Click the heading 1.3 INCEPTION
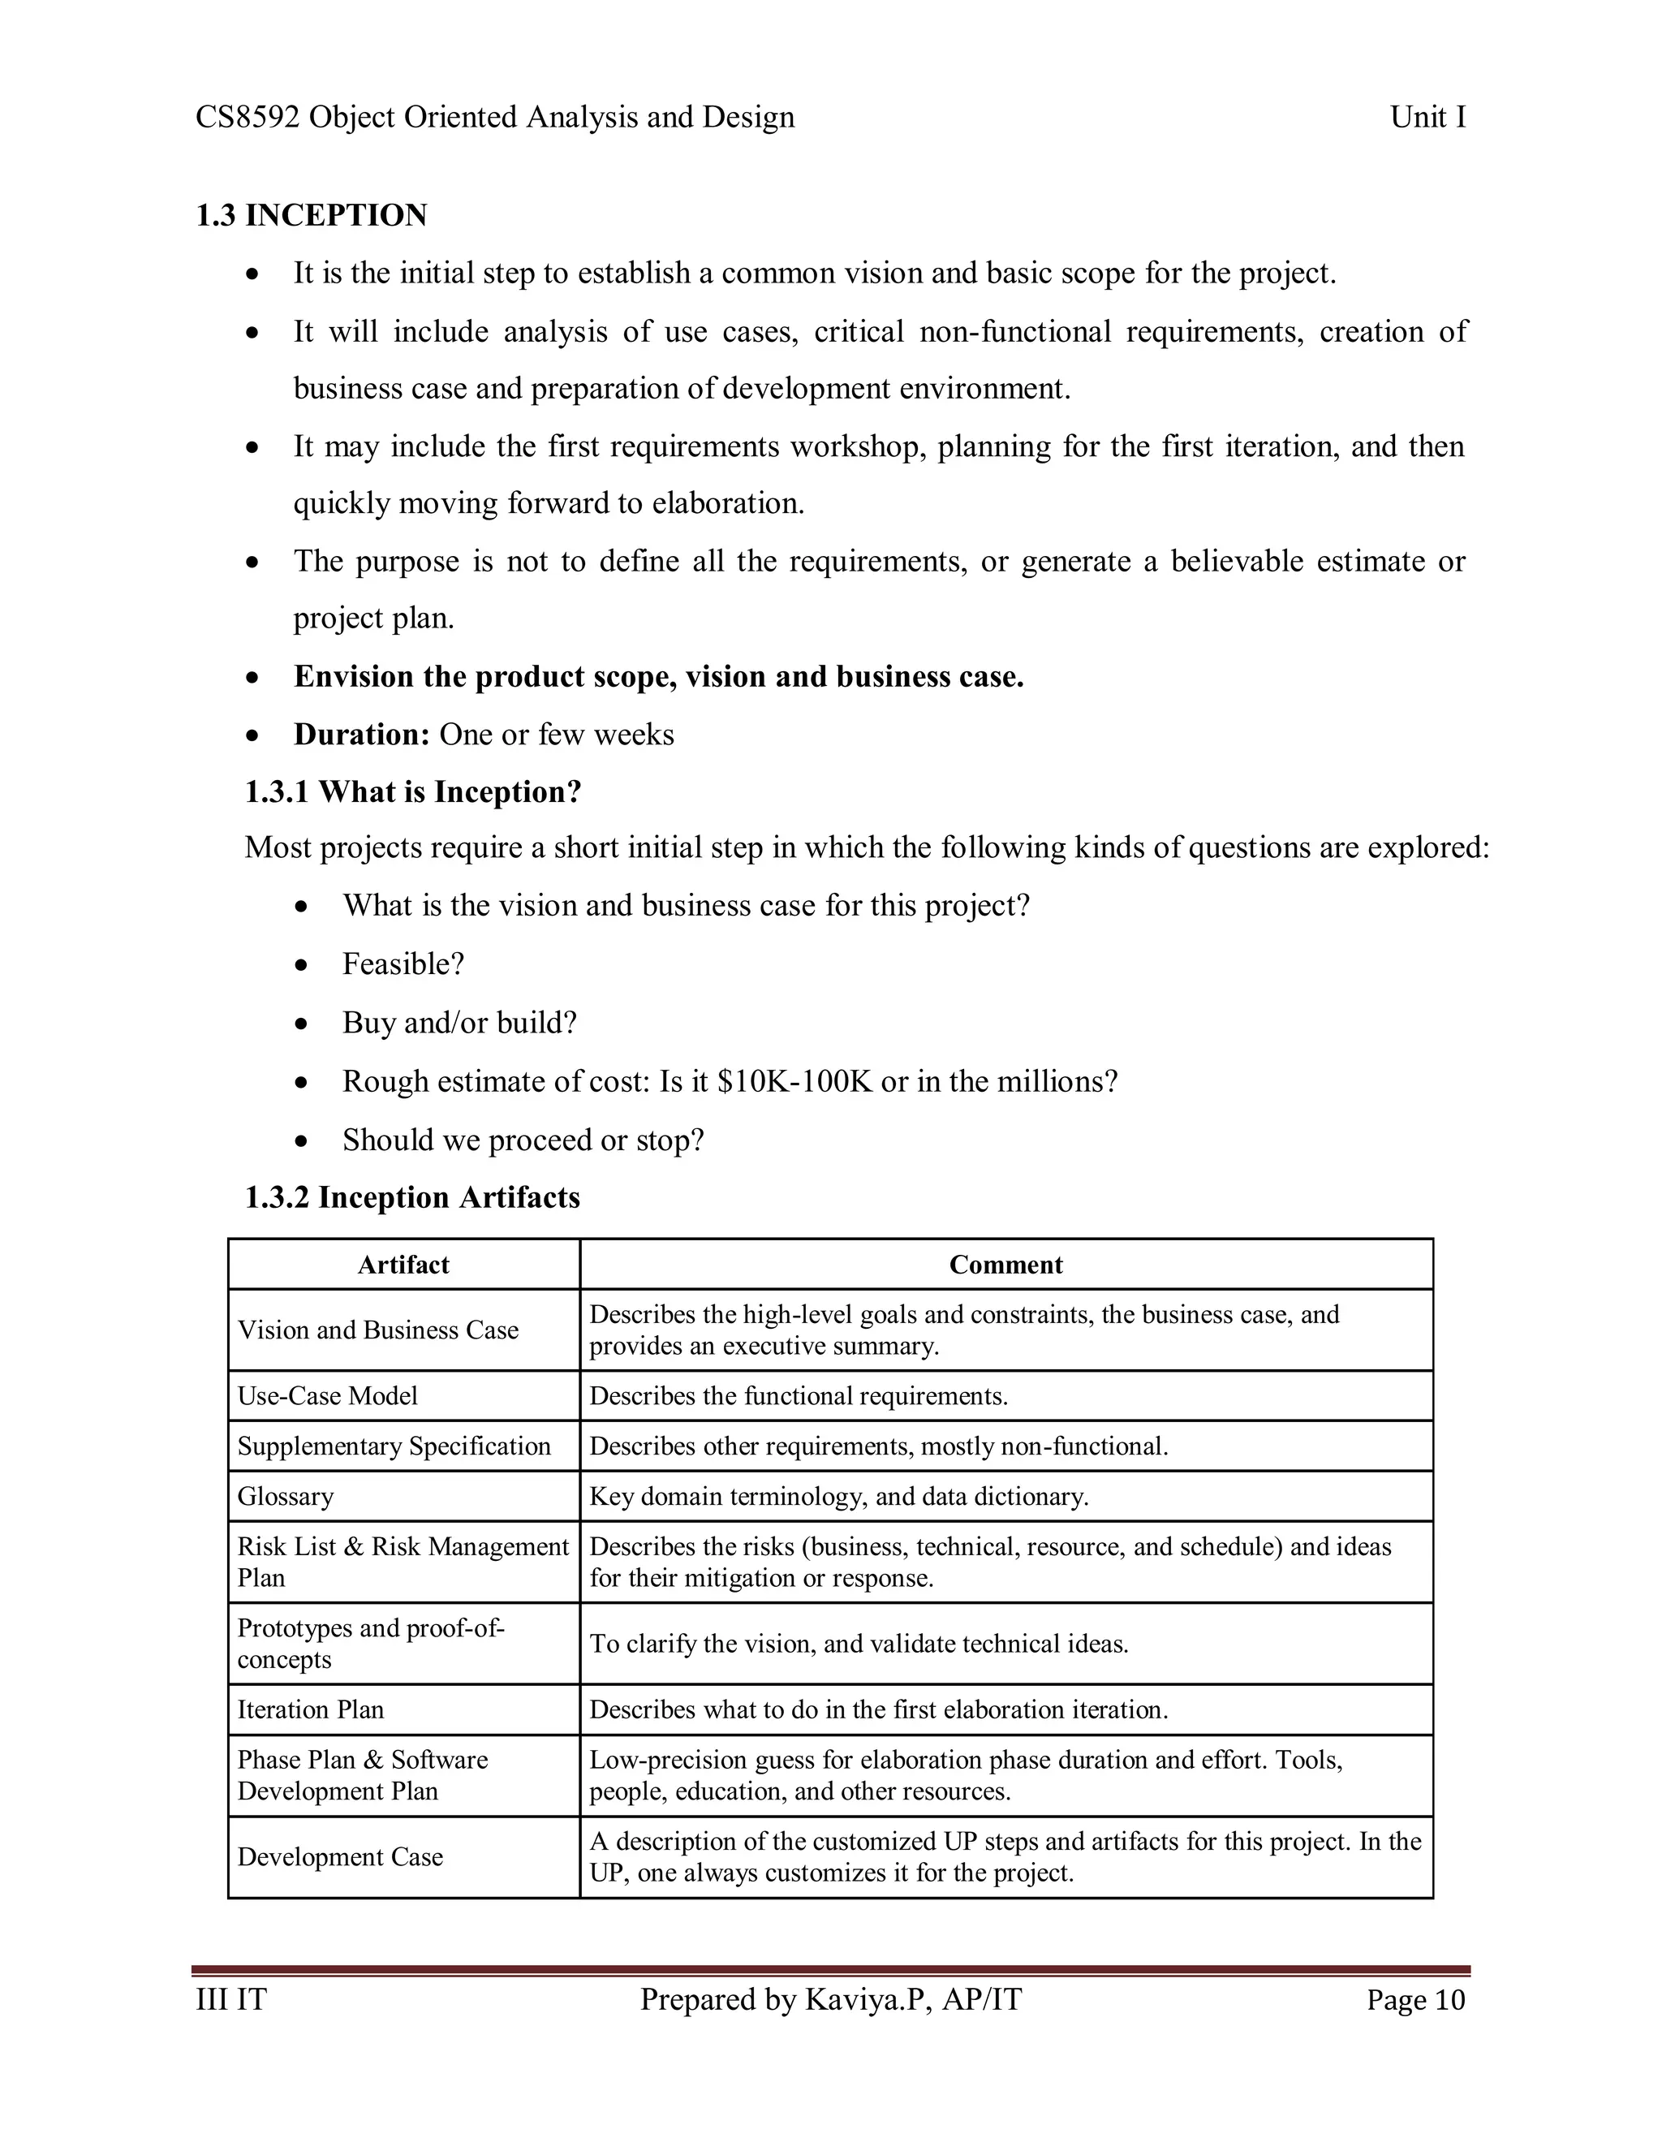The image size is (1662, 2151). click(x=311, y=215)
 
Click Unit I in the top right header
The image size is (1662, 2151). click(x=1427, y=117)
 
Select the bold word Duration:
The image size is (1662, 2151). click(x=361, y=735)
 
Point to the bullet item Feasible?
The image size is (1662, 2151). click(x=403, y=963)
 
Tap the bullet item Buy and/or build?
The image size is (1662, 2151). click(x=459, y=1022)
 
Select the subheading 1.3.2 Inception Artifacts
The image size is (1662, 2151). click(x=411, y=1197)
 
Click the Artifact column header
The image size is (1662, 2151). click(x=403, y=1265)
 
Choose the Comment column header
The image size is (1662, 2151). click(x=1005, y=1265)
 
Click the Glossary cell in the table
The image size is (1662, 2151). click(x=286, y=1496)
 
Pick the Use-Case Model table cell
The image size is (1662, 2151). click(x=327, y=1395)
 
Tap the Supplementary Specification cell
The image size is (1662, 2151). click(x=394, y=1446)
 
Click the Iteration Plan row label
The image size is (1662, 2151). click(x=310, y=1709)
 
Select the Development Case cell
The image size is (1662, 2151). click(x=340, y=1856)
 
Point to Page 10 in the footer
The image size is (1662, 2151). click(x=1414, y=2000)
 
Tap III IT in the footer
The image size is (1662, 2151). click(x=231, y=1999)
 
